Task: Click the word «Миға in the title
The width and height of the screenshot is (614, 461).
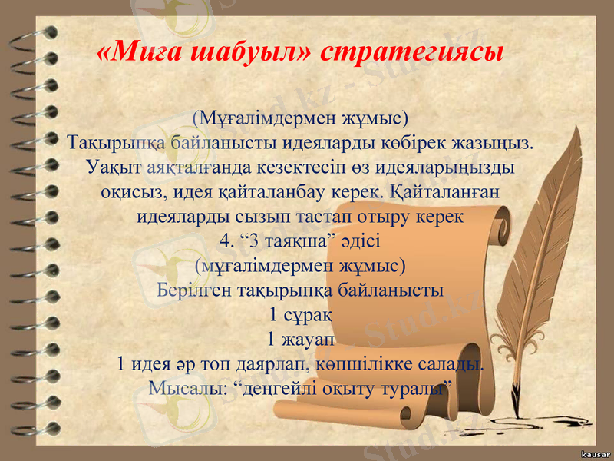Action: (139, 52)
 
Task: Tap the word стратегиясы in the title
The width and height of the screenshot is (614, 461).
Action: (411, 52)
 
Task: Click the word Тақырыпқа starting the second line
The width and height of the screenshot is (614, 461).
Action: (116, 143)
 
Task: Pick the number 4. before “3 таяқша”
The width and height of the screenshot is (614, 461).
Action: (226, 240)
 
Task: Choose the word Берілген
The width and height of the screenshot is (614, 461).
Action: (191, 290)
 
